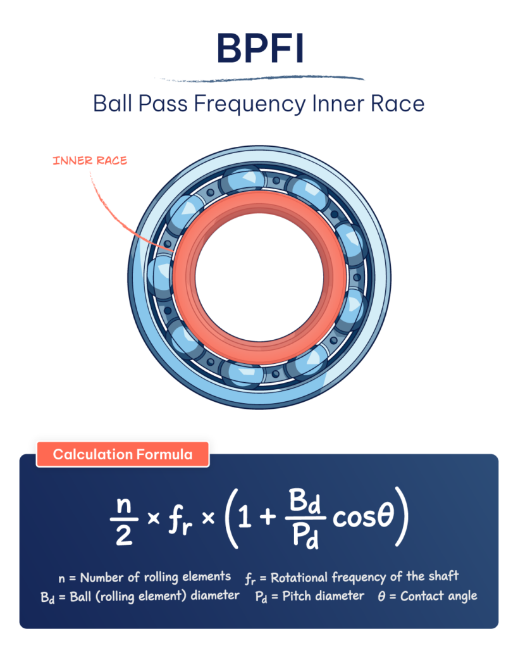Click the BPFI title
259,49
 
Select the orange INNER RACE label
89,160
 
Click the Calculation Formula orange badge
122,454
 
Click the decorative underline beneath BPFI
262,80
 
